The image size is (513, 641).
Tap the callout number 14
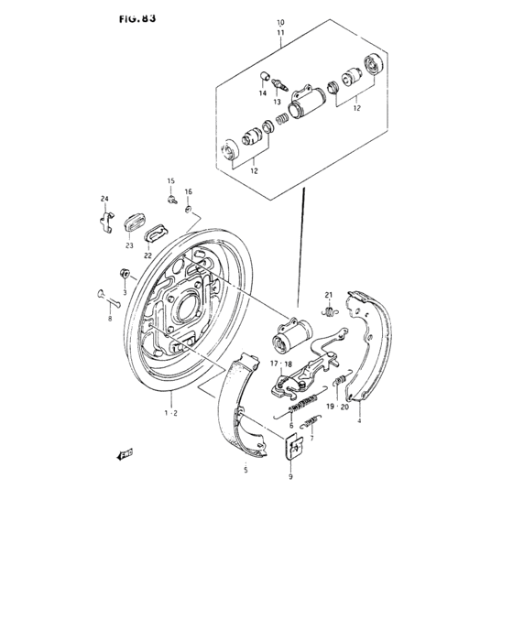point(261,93)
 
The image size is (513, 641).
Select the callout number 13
point(278,102)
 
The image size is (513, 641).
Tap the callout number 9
point(291,477)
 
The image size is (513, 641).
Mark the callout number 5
point(245,470)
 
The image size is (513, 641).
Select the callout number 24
point(104,200)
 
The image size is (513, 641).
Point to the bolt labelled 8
point(104,296)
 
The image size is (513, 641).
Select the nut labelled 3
point(123,272)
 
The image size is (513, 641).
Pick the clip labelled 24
point(105,221)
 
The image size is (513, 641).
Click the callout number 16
point(189,192)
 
